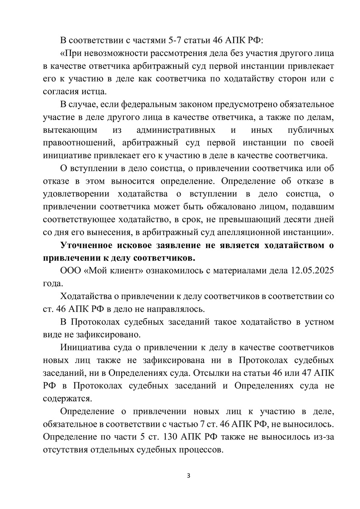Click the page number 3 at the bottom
pyautogui.click(x=189, y=475)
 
